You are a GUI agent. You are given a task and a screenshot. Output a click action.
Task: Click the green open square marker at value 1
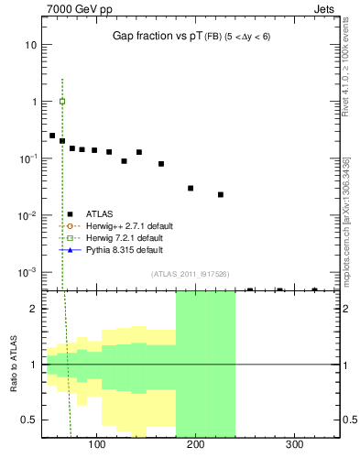point(62,101)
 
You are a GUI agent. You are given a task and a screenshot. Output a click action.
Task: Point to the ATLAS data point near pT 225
point(221,194)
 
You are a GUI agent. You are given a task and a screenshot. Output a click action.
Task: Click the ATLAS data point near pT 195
point(191,188)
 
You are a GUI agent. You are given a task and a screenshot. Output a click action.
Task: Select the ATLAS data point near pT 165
point(161,164)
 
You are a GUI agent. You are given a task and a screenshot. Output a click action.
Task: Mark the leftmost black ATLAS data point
point(52,136)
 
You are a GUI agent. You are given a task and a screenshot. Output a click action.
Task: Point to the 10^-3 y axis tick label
point(28,272)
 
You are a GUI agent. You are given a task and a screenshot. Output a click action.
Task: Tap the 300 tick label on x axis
point(294,444)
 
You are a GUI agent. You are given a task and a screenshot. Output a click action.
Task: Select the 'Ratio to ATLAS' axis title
point(12,364)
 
